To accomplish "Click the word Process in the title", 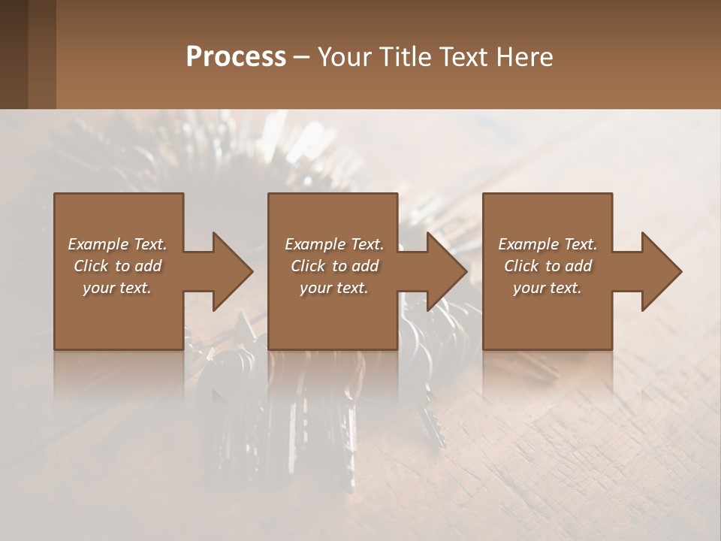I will pos(236,57).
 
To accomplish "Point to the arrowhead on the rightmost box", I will pos(661,271).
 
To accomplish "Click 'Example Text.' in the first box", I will pos(118,244).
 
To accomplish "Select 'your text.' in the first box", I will pos(118,288).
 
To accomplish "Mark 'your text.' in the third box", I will pos(548,288).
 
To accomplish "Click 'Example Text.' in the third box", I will pos(548,244).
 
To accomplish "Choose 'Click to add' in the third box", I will pos(548,266).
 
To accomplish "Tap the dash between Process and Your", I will pos(302,57).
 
